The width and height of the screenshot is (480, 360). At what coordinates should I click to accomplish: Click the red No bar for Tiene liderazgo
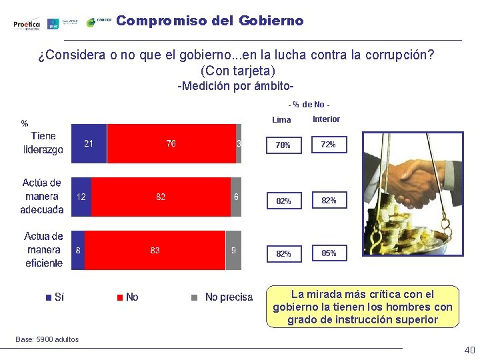click(171, 143)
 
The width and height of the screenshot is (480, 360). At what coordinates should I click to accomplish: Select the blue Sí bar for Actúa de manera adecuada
click(81, 197)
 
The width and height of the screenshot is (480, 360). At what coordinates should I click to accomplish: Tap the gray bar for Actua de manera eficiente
click(233, 250)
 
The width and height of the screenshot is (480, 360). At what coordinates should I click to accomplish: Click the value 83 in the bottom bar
click(155, 251)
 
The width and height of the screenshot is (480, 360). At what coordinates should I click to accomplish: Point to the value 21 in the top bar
click(89, 143)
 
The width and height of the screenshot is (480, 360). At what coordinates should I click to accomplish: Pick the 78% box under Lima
click(283, 145)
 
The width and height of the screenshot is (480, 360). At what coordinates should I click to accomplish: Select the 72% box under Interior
click(328, 144)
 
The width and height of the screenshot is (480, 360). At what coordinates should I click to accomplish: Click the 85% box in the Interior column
click(328, 253)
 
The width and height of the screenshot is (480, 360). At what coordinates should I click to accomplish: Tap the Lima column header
click(282, 120)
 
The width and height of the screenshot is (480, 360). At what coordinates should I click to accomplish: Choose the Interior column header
click(326, 119)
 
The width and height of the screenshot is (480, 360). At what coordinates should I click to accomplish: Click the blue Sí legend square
click(48, 297)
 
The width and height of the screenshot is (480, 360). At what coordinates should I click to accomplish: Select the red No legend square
click(120, 297)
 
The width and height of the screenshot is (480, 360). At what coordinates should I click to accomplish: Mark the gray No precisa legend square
click(195, 297)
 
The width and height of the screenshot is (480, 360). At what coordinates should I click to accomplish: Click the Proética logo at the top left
click(27, 25)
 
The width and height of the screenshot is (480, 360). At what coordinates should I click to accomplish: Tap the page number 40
click(469, 351)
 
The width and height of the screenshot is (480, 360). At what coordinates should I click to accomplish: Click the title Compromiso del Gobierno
click(209, 21)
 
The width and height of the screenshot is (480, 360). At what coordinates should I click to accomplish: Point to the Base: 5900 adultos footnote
click(47, 339)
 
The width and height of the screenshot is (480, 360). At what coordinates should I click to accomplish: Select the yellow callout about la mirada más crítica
click(363, 307)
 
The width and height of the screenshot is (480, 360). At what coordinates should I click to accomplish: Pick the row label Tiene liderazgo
click(43, 143)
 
